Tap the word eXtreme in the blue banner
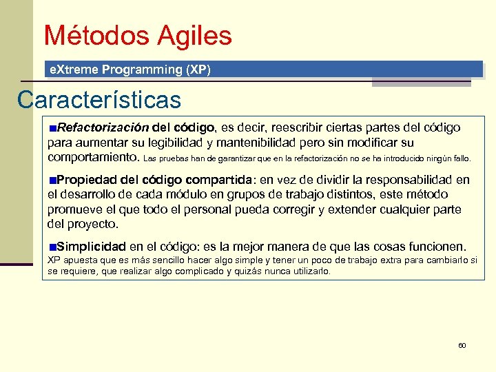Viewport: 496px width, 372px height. coord(72,70)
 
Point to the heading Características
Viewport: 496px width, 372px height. coord(99,100)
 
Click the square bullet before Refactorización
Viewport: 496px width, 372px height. coord(52,128)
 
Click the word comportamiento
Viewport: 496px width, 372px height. coord(92,157)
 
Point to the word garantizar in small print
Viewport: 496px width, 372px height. coord(227,158)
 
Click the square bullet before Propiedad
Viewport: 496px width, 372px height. coord(52,180)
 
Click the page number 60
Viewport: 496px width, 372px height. coord(462,344)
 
